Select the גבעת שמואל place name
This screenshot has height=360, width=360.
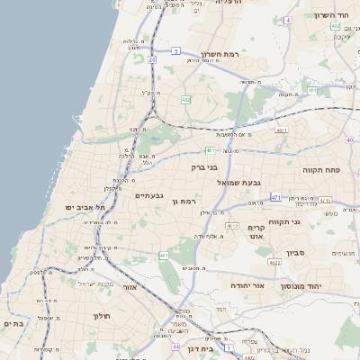click(x=238, y=182)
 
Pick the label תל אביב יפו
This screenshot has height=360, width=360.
click(x=85, y=208)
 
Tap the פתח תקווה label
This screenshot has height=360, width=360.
click(x=320, y=169)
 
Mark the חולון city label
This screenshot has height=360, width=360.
click(x=101, y=316)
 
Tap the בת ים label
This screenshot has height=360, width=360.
click(x=13, y=322)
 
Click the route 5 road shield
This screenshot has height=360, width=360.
click(x=177, y=50)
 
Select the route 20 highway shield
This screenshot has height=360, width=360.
click(x=152, y=59)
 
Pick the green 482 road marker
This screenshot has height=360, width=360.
click(x=185, y=100)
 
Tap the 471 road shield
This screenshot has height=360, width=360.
click(x=275, y=196)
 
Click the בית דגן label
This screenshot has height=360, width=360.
click(x=204, y=347)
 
